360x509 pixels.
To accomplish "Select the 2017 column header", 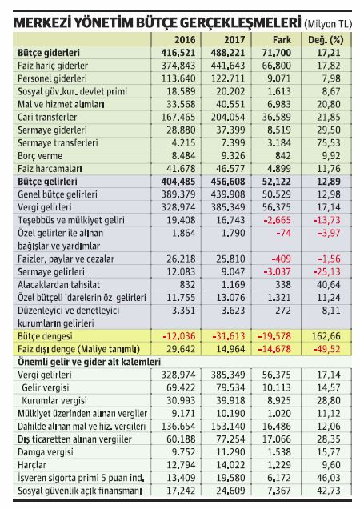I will coord(229,38).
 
